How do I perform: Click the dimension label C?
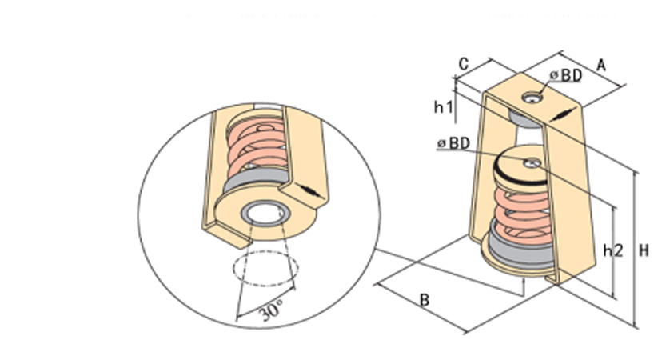tap(464, 62)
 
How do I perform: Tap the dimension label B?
tap(425, 301)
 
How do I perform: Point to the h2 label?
tap(612, 250)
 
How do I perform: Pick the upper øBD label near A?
tap(565, 75)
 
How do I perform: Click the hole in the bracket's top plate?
tap(532, 98)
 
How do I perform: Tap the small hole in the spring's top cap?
tap(532, 164)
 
